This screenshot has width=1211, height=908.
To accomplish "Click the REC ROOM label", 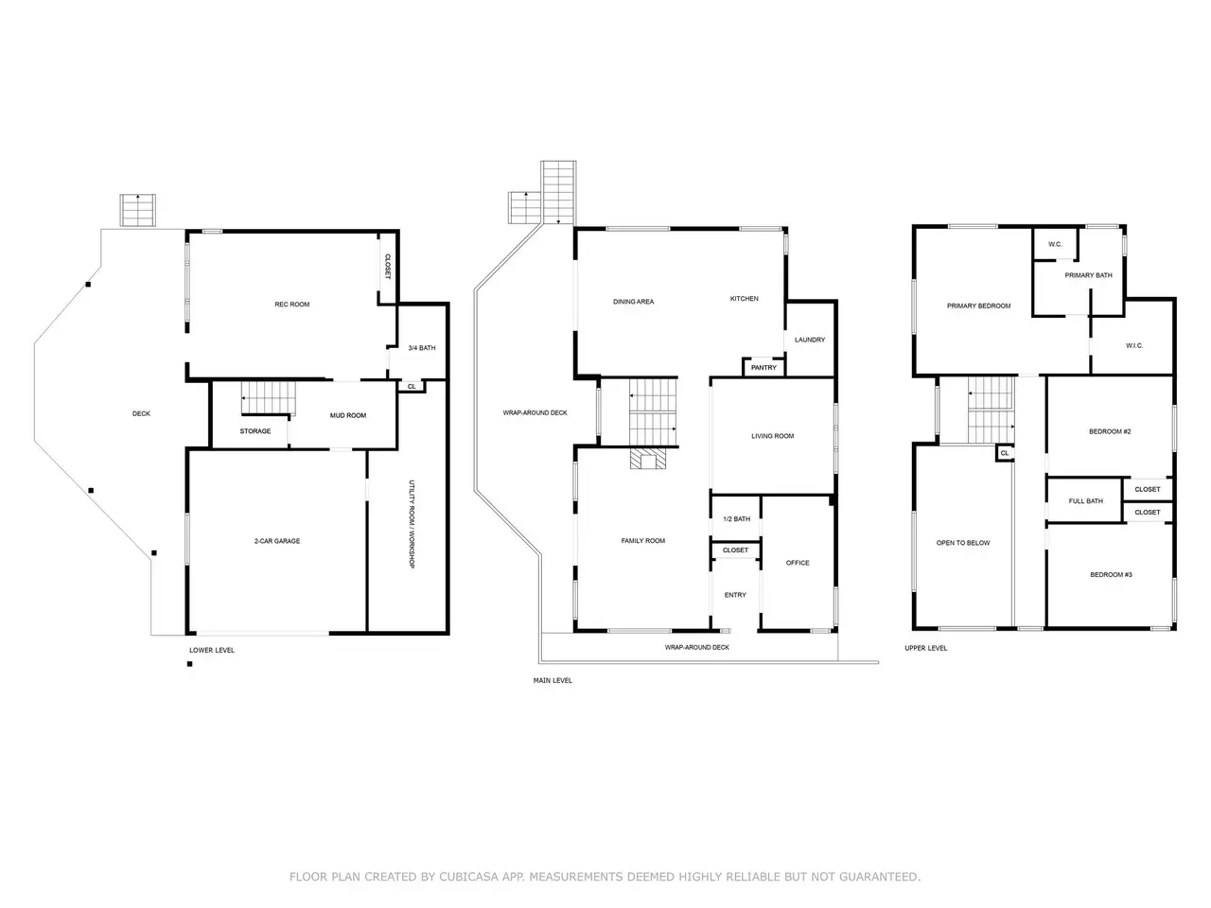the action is click(291, 305).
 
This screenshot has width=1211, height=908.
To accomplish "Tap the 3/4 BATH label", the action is click(422, 348).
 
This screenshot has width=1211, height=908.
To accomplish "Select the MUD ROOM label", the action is click(347, 415).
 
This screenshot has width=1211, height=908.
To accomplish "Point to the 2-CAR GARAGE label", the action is click(277, 541).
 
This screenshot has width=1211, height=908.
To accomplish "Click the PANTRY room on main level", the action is click(763, 367).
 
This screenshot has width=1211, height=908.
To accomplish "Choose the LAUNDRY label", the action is click(809, 340).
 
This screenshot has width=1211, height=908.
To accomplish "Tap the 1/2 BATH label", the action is click(736, 518).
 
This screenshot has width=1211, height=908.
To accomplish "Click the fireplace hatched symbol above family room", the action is click(648, 459).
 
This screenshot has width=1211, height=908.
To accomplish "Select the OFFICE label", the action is click(798, 563).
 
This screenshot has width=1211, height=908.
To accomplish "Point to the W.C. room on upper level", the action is click(1055, 244).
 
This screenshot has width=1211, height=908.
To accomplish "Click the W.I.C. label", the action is click(1134, 345).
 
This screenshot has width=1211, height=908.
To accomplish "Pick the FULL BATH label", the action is click(1086, 501).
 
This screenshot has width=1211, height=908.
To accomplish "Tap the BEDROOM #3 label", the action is click(1111, 574).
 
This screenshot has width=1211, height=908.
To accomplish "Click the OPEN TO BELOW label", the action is click(963, 543).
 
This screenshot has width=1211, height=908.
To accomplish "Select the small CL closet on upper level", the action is click(1005, 453).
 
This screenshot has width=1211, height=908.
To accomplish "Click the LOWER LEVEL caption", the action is click(212, 650).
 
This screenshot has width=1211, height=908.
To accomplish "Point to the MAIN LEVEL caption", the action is click(553, 680).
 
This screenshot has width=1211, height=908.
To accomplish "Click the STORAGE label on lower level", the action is click(254, 431).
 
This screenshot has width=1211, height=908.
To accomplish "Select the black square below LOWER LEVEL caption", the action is click(190, 664).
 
